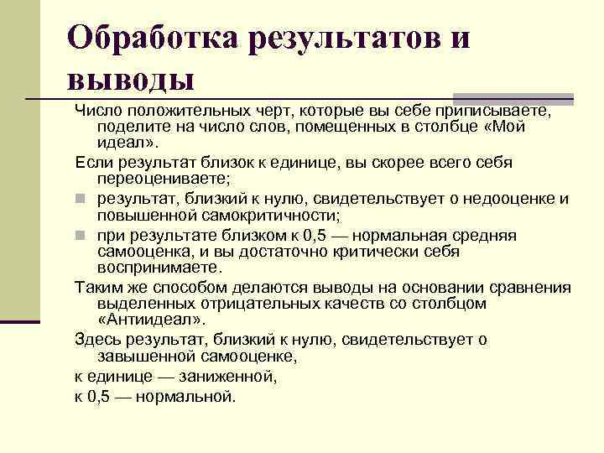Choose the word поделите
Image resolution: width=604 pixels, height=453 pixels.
[129, 127]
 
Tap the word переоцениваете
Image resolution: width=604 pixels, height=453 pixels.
[163, 179]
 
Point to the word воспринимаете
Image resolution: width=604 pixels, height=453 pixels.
[159, 268]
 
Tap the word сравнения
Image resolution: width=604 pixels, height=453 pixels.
[528, 287]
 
